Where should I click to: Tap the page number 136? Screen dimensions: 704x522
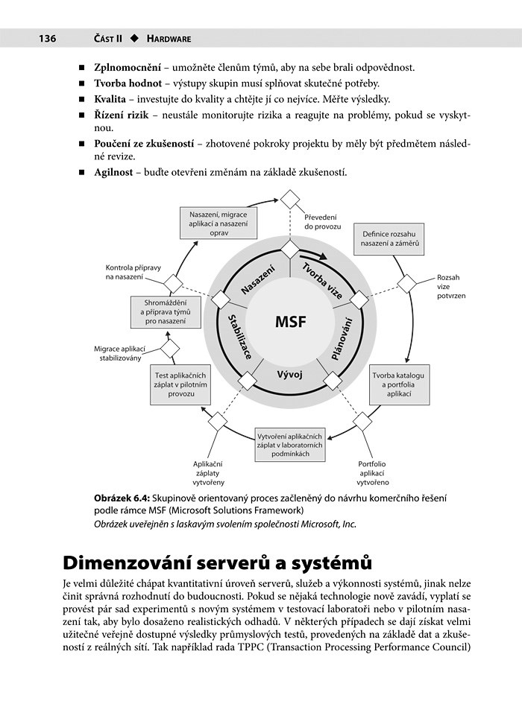[39, 38]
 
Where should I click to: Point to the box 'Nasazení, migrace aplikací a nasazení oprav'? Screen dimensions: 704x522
[218, 221]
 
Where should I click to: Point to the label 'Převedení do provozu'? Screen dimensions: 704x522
[323, 221]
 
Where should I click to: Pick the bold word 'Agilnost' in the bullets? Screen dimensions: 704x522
[113, 172]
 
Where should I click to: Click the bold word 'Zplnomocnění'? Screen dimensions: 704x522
[128, 67]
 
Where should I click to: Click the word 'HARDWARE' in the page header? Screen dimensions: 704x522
[169, 38]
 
